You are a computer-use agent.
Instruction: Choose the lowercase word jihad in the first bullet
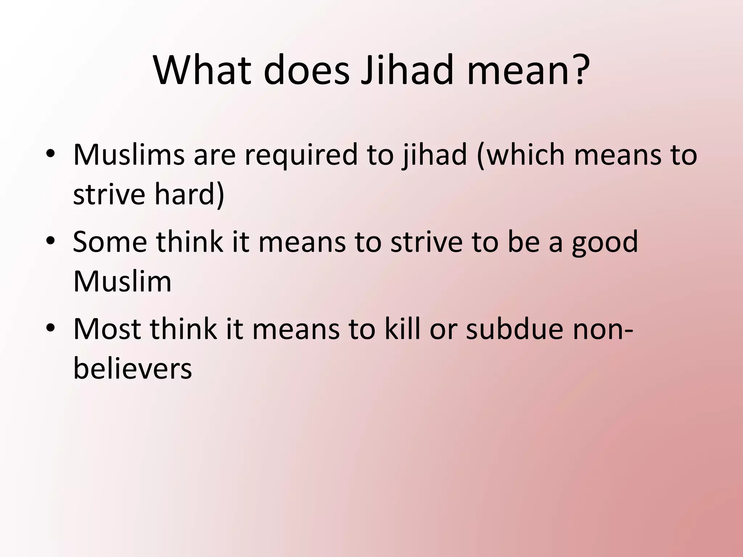click(434, 155)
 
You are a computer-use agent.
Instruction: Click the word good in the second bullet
click(605, 243)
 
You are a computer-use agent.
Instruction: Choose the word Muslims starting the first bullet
click(129, 155)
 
